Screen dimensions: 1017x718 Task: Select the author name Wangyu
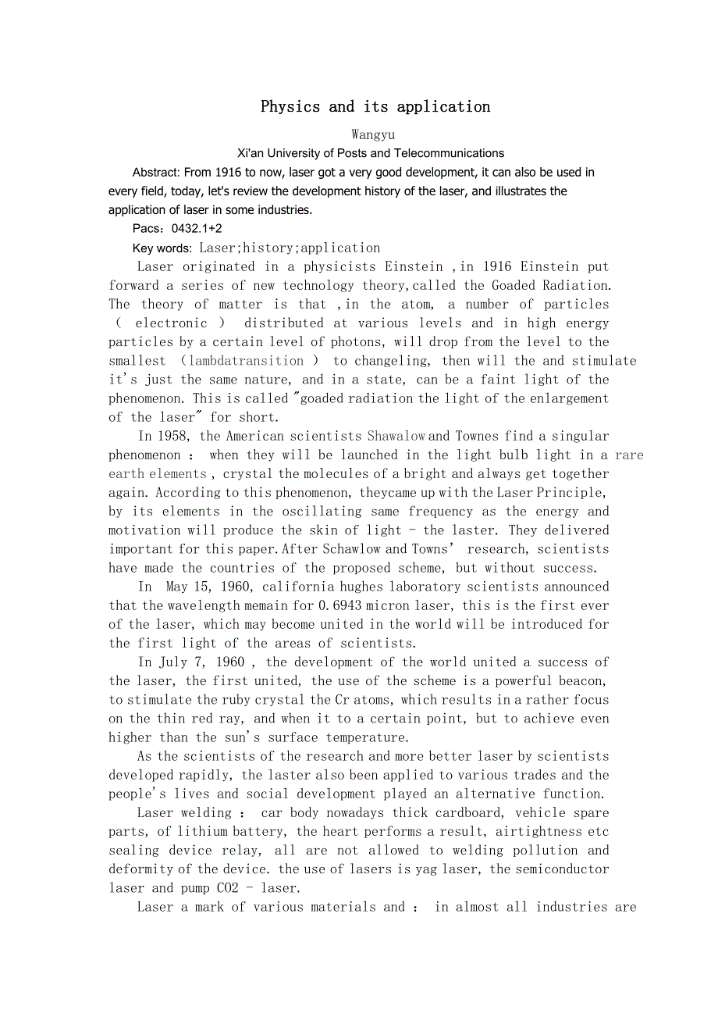pos(373,134)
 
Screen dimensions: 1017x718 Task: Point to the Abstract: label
pos(156,172)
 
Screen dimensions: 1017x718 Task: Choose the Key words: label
pos(162,248)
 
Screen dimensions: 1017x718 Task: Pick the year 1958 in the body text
pos(175,436)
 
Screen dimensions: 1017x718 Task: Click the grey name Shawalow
pos(396,436)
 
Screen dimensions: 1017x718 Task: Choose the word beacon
pos(582,681)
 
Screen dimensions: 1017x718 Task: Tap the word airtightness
pos(542,832)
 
